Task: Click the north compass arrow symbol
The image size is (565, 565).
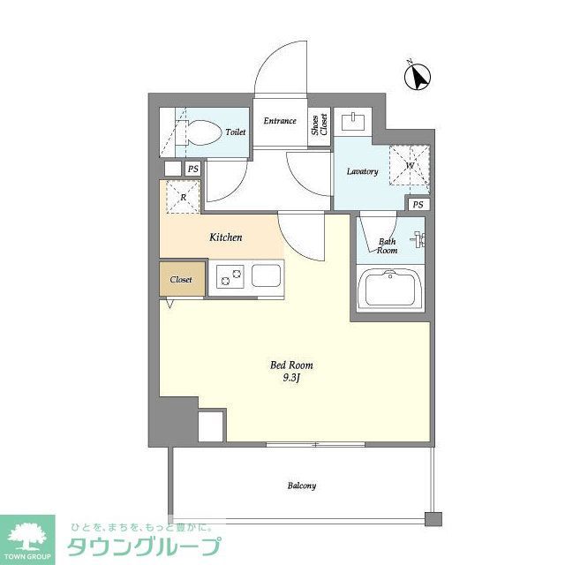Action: (x=418, y=77)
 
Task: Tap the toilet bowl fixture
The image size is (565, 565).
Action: (x=201, y=133)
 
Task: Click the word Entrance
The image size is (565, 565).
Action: (x=280, y=120)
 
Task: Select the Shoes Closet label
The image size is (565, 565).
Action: (x=319, y=124)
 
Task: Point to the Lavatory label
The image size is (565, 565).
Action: (x=362, y=171)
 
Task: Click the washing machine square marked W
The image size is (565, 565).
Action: (x=410, y=165)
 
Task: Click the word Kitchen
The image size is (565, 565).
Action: (x=225, y=237)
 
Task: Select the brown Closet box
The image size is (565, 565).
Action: (x=181, y=279)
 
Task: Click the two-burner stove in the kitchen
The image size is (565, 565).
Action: (x=229, y=277)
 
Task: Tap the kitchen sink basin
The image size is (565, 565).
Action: (x=267, y=276)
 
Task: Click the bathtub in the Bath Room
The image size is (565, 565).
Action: (x=390, y=290)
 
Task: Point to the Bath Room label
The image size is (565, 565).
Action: (x=388, y=245)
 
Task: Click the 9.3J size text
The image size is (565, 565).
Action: (x=291, y=380)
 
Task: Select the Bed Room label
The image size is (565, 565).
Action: (x=291, y=365)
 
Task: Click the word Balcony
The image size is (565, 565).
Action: (x=301, y=486)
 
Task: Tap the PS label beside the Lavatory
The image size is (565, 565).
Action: (x=418, y=205)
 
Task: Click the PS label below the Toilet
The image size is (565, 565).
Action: (x=192, y=168)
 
